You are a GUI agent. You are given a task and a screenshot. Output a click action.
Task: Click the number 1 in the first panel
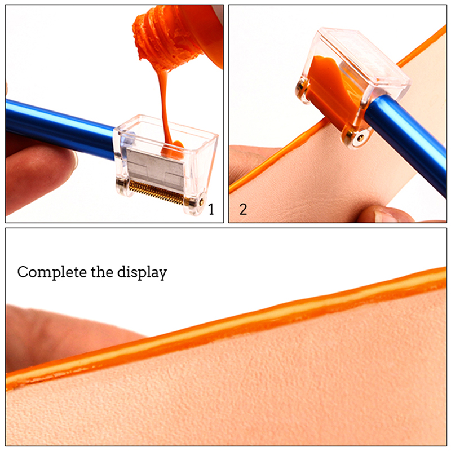pos(211,209)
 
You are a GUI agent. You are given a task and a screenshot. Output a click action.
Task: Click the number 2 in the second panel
pos(243,209)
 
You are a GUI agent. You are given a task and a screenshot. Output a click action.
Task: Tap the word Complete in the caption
pos(52,272)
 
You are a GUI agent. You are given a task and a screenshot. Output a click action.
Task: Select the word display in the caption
pos(142,272)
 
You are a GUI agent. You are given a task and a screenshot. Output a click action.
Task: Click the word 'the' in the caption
pos(102,272)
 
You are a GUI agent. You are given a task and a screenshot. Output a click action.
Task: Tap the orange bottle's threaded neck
pos(158,37)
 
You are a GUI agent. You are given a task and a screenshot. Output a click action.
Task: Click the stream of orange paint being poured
pos(164,107)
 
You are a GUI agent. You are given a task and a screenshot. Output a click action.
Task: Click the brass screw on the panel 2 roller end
pos(360,138)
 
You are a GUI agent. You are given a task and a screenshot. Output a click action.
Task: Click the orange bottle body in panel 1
pos(201,32)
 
